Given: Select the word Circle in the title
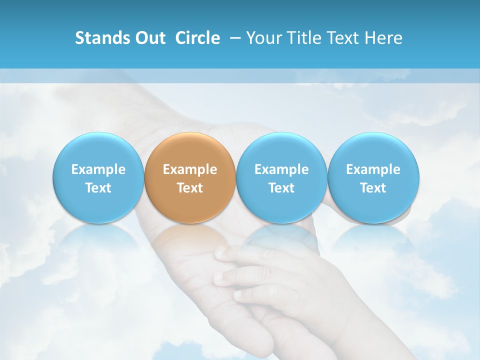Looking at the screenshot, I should (x=197, y=38).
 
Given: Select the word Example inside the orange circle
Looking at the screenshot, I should (x=190, y=169).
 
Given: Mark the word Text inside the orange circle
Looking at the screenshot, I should (x=190, y=188).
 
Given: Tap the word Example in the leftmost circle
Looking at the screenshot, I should (x=98, y=169).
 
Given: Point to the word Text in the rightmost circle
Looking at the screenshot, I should (x=373, y=188).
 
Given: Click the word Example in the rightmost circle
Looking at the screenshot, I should (x=373, y=169).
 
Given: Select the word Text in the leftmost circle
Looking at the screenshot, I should (x=98, y=188).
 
